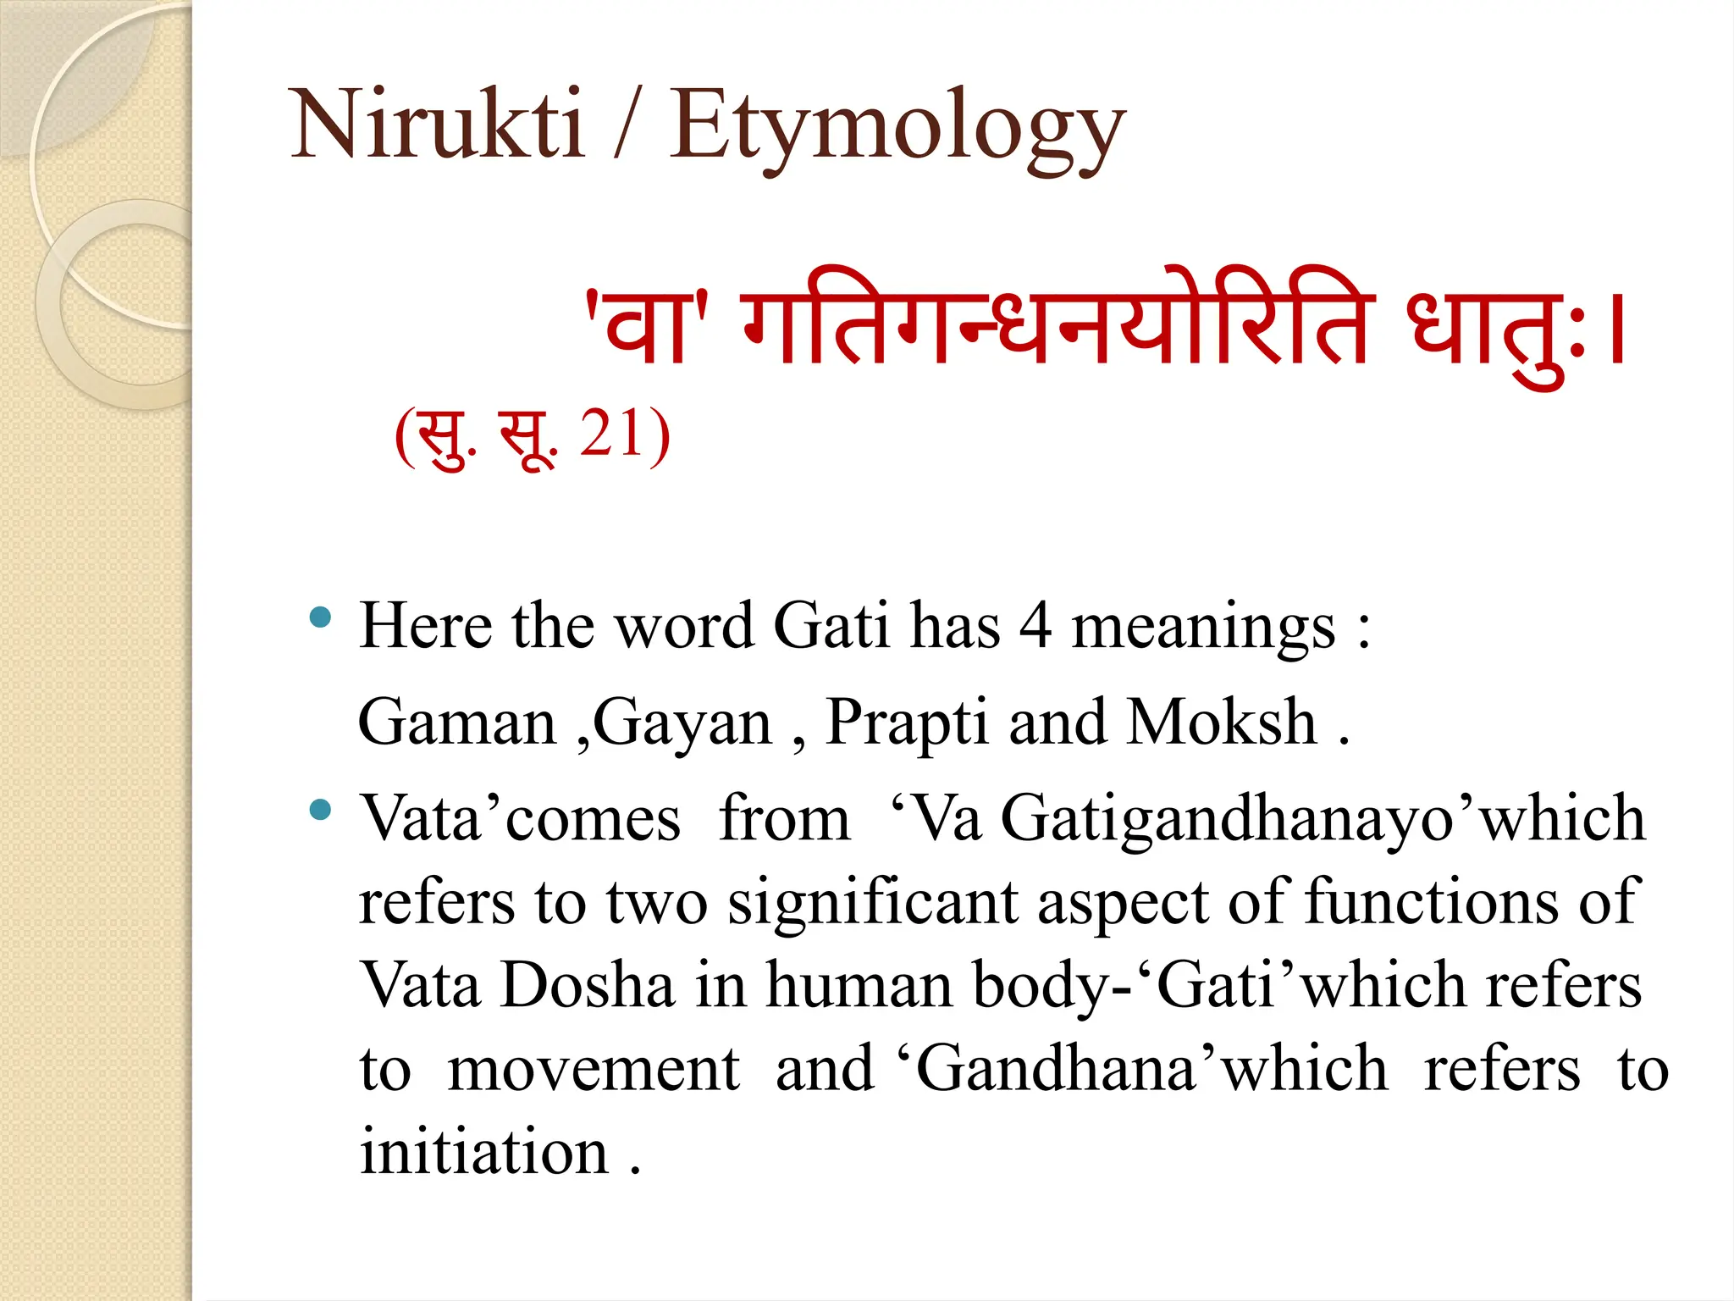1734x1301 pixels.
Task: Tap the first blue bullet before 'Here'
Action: (320, 617)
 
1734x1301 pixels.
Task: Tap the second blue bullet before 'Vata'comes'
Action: (320, 810)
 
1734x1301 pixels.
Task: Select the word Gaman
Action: (457, 722)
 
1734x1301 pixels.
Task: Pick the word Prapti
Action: (907, 724)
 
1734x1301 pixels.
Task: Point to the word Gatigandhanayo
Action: (1227, 821)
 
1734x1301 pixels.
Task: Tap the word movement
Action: (594, 1069)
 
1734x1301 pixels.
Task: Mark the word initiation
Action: (484, 1152)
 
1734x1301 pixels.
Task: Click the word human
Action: (859, 986)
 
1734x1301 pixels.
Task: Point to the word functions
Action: (1431, 903)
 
